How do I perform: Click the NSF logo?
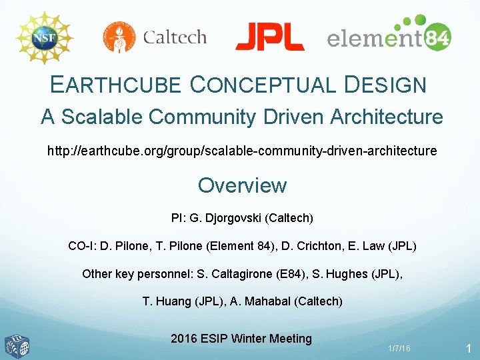tap(43, 37)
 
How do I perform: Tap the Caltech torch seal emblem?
tap(119, 37)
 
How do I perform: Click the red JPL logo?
tap(269, 37)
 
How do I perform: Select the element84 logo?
tap(389, 34)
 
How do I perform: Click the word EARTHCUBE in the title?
tap(115, 85)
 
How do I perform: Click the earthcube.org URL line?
tap(242, 151)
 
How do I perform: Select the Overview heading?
tap(242, 185)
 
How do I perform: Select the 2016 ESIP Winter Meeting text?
tap(241, 339)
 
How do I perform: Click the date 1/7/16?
tap(399, 349)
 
